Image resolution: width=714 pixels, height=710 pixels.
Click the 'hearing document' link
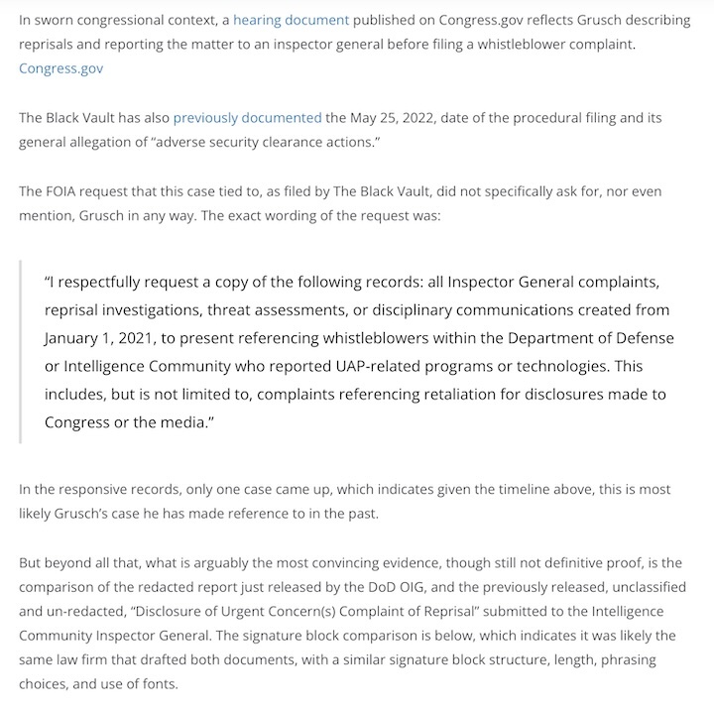tap(291, 19)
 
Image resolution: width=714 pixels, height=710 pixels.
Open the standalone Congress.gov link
tap(60, 68)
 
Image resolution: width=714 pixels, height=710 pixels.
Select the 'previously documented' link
tap(247, 117)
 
